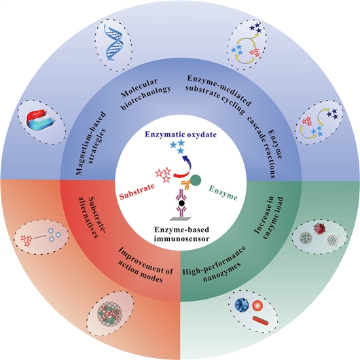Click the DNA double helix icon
(113, 42)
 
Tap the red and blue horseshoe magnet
(41, 120)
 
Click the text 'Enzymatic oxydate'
(181, 134)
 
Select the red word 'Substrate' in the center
(137, 192)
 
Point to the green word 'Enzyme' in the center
(223, 193)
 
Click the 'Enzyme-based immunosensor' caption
(181, 234)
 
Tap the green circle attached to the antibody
(196, 180)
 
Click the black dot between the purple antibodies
(182, 203)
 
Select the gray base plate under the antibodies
(181, 219)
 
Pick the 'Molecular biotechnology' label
(145, 94)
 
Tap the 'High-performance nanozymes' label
(214, 261)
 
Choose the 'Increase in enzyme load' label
(269, 218)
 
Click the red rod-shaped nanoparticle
(260, 320)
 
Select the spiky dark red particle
(320, 228)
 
